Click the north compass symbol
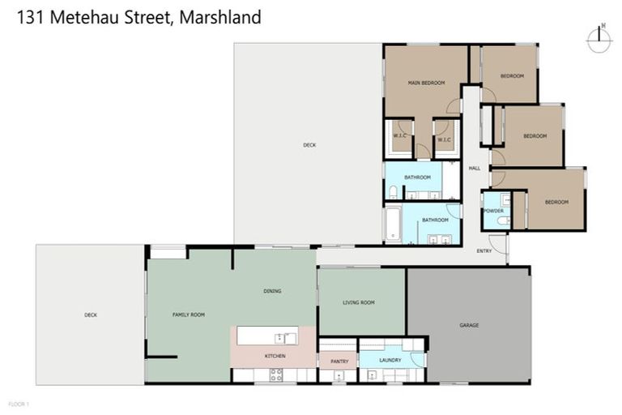(x=600, y=40)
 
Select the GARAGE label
(x=469, y=325)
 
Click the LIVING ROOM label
(x=359, y=302)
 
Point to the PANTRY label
(x=339, y=361)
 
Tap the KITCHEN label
(x=275, y=356)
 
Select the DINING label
(x=272, y=291)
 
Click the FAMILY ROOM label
(x=188, y=314)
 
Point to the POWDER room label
(x=494, y=210)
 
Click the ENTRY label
(x=484, y=251)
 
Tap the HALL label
(x=475, y=168)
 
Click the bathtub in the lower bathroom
(x=393, y=225)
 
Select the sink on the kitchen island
(x=281, y=337)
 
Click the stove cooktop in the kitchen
(x=275, y=374)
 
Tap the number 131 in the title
(x=31, y=16)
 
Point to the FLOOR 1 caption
(x=18, y=403)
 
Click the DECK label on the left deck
(x=91, y=314)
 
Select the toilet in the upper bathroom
(x=393, y=193)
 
